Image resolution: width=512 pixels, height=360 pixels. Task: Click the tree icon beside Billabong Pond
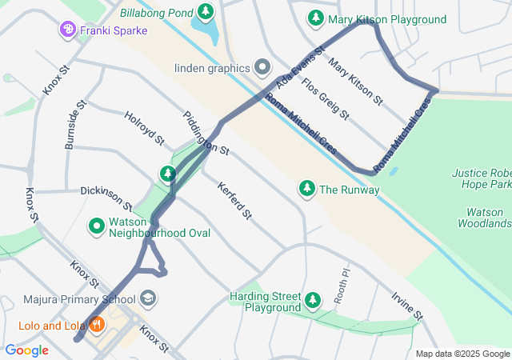click(x=207, y=11)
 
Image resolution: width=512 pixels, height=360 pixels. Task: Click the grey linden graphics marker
click(x=262, y=66)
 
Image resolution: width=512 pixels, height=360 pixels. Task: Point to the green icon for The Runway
click(x=306, y=189)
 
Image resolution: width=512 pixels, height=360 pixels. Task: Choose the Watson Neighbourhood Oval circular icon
click(x=97, y=226)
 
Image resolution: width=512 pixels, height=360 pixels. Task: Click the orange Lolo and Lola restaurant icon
click(x=97, y=325)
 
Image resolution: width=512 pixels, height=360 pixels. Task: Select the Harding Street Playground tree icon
click(x=313, y=301)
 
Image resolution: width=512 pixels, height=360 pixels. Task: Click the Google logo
click(x=26, y=350)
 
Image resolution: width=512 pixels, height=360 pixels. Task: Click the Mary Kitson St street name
click(x=356, y=81)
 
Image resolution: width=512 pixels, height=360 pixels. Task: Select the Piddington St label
click(x=206, y=134)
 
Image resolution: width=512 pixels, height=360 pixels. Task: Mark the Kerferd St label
click(x=234, y=200)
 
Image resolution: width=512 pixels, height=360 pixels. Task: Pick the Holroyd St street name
click(x=144, y=129)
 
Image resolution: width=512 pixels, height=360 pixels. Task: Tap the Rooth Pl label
click(x=342, y=283)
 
